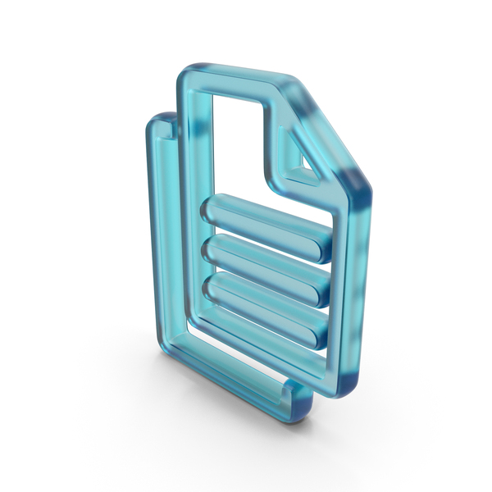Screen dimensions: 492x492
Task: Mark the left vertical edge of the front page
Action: tap(187, 205)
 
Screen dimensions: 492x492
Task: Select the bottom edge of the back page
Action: tap(221, 402)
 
